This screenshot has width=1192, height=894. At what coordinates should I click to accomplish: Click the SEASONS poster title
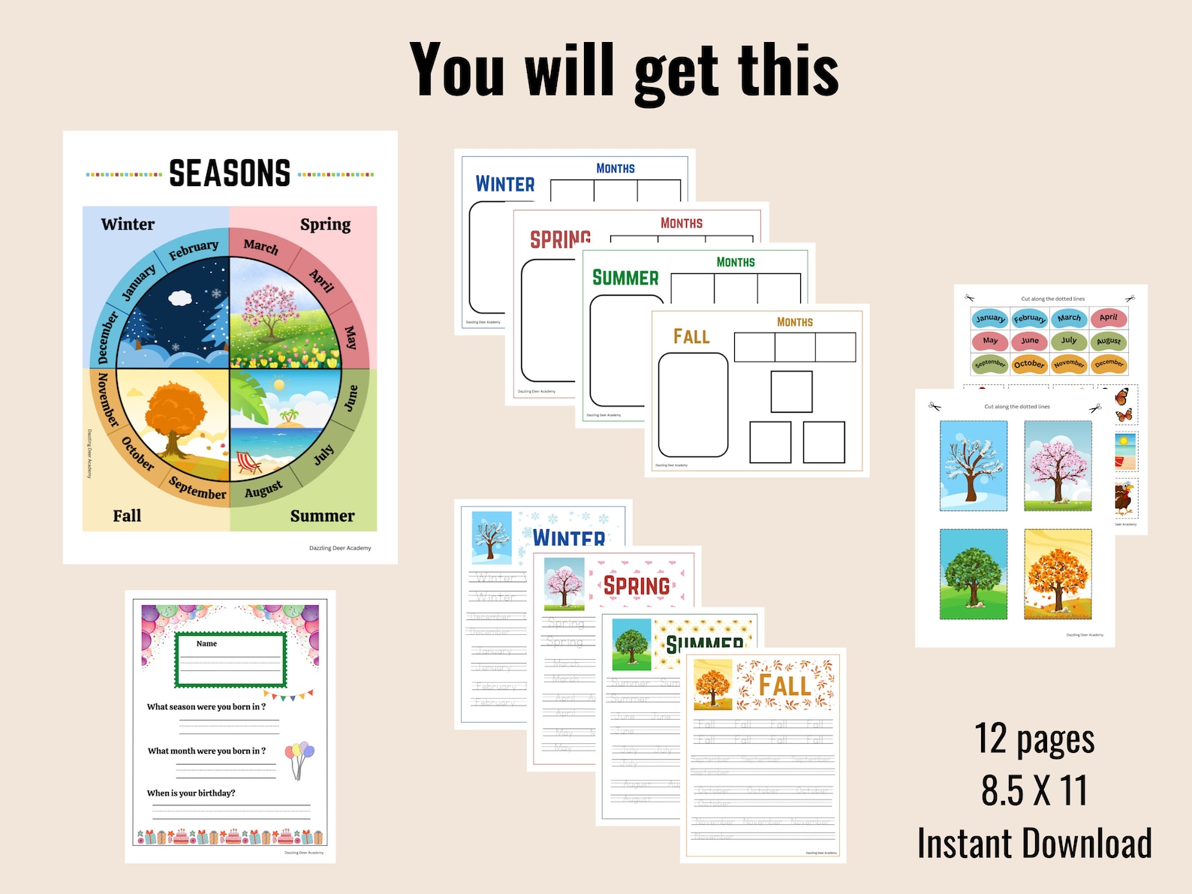point(230,173)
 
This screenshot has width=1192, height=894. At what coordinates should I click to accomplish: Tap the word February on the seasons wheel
point(194,250)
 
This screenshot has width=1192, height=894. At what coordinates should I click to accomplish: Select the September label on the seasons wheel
point(197,488)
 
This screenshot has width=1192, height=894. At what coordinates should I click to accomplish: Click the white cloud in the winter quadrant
point(180,298)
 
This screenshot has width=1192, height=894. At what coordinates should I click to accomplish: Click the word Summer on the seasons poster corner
point(322,516)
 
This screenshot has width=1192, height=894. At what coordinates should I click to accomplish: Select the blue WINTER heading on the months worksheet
point(505,184)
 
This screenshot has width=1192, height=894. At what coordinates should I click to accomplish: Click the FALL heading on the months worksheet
point(691,336)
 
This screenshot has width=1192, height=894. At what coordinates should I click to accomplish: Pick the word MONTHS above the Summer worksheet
point(736,262)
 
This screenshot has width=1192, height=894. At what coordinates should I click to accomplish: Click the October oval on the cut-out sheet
point(1029,364)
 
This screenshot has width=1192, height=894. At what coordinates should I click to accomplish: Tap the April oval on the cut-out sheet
point(1109,318)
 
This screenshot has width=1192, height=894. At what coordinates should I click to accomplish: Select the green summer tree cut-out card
point(974,574)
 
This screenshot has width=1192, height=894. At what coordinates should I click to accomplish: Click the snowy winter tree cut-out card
point(974,466)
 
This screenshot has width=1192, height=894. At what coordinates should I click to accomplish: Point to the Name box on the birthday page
point(230,660)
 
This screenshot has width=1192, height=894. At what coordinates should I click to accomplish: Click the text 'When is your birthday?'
point(191,793)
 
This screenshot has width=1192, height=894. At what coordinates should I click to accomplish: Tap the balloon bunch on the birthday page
point(299,759)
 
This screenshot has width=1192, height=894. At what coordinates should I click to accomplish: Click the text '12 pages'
point(1034,739)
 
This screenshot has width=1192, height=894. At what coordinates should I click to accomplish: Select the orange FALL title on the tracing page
point(784,685)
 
